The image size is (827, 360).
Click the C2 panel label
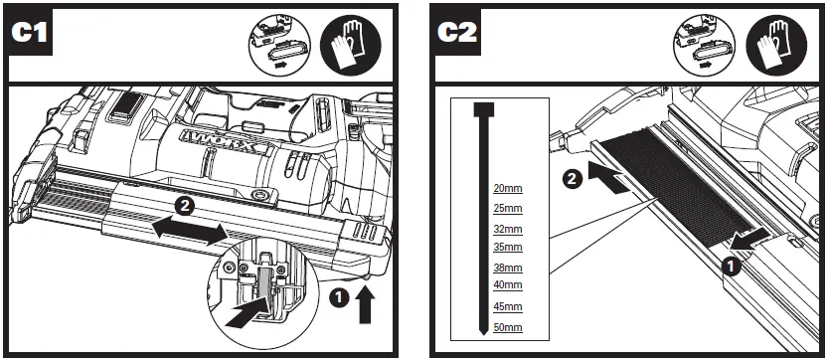click(458, 33)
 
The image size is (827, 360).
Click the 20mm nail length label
click(507, 188)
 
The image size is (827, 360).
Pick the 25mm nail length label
click(507, 208)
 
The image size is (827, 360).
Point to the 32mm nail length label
click(507, 230)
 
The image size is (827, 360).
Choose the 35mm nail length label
click(507, 247)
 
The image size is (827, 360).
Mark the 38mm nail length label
click(507, 269)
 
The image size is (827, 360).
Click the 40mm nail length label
click(507, 285)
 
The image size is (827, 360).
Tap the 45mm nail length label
click(507, 307)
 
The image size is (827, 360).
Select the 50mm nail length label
click(507, 328)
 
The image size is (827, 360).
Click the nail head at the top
click(483, 108)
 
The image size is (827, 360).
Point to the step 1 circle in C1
click(339, 296)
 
